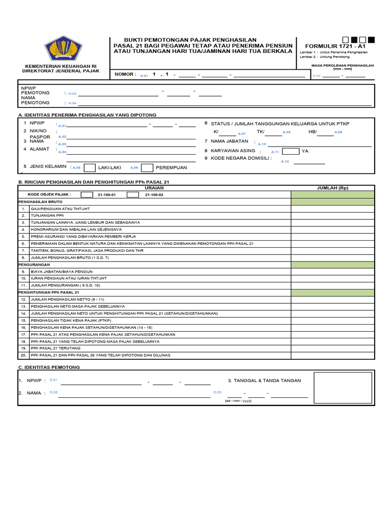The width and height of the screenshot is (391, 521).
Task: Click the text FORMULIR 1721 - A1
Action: [x=335, y=46]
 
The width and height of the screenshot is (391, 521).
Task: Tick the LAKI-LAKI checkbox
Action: [x=90, y=168]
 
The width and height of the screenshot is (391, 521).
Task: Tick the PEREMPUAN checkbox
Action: [x=147, y=168]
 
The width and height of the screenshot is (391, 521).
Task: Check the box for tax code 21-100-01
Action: [x=87, y=194]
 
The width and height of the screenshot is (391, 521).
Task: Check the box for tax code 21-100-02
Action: [x=133, y=194]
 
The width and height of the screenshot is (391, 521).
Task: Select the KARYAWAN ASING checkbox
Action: [x=291, y=151]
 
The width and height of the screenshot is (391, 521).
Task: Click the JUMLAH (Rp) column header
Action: [x=332, y=187]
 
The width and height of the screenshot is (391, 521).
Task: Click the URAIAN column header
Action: [x=154, y=187]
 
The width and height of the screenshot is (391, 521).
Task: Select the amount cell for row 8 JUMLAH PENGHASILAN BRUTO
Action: [x=332, y=258]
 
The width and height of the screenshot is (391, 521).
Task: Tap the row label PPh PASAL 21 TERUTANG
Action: [x=52, y=348]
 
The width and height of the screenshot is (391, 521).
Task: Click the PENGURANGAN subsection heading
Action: [x=34, y=265]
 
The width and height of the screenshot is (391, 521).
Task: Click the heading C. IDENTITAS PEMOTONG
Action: [x=49, y=367]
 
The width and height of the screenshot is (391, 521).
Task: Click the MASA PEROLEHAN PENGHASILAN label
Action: [x=342, y=66]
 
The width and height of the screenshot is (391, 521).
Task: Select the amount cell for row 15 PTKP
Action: [x=332, y=321]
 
